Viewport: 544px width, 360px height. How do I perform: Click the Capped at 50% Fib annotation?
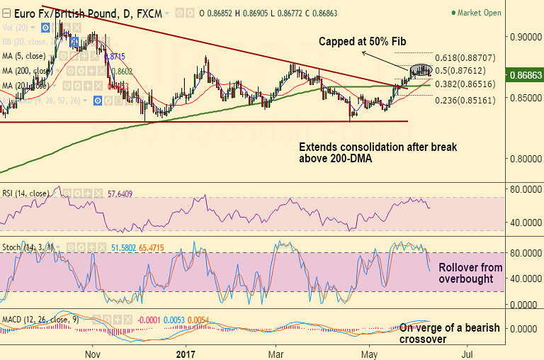pyautogui.click(x=362, y=41)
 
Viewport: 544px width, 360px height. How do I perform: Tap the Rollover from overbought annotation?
pyautogui.click(x=470, y=274)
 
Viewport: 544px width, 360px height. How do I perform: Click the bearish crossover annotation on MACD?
pyautogui.click(x=449, y=333)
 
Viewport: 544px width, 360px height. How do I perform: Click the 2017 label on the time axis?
pyautogui.click(x=185, y=351)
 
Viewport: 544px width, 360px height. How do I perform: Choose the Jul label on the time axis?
pyautogui.click(x=467, y=351)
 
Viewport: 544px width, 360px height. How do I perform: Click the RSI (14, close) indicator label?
pyautogui.click(x=25, y=193)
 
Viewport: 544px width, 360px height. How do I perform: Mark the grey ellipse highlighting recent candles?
pyautogui.click(x=421, y=69)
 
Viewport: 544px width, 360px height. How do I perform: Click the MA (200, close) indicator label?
pyautogui.click(x=27, y=71)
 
